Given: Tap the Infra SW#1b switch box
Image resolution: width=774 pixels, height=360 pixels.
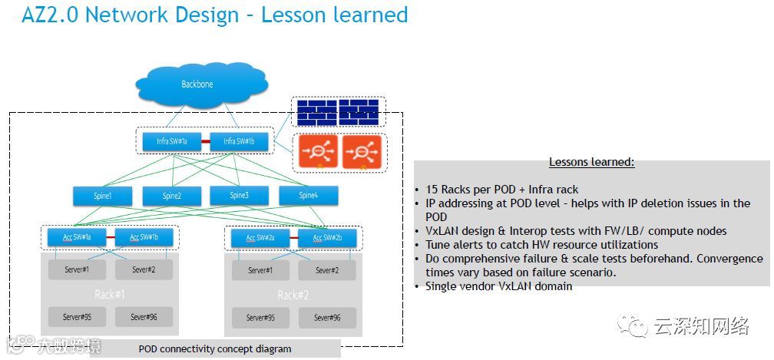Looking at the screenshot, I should pyautogui.click(x=240, y=141).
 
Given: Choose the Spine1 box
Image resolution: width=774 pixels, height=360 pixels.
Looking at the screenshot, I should pyautogui.click(x=103, y=196).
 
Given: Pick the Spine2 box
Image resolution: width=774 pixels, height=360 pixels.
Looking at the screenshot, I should pyautogui.click(x=171, y=196).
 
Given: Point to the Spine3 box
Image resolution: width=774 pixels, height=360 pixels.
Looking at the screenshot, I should pyautogui.click(x=238, y=196).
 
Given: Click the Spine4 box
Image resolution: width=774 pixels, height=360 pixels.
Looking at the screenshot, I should pyautogui.click(x=307, y=196).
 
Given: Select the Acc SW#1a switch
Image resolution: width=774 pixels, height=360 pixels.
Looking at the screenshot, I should pyautogui.click(x=77, y=237).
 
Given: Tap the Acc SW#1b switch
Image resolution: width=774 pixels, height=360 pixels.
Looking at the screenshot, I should pyautogui.click(x=143, y=237).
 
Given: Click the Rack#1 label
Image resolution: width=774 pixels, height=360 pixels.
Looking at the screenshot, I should pyautogui.click(x=110, y=294).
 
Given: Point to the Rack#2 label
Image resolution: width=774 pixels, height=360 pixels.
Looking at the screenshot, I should pyautogui.click(x=292, y=295).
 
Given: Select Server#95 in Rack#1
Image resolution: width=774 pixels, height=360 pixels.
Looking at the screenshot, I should pyautogui.click(x=77, y=316).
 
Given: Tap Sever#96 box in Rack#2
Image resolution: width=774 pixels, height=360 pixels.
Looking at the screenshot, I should pyautogui.click(x=326, y=316).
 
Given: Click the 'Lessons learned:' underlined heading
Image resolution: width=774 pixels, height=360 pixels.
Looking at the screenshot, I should pyautogui.click(x=591, y=163).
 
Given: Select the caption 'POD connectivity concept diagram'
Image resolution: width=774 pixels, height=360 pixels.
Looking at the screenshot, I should pyautogui.click(x=215, y=348).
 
